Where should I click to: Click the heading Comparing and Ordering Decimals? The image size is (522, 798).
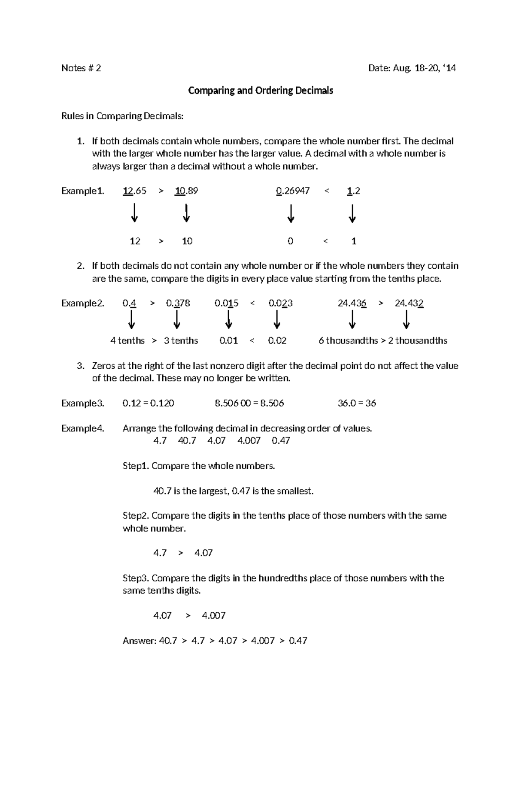coord(260,90)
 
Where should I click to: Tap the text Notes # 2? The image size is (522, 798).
coord(81,68)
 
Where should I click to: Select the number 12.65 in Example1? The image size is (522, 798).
coord(134,191)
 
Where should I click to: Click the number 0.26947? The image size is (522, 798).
coord(293,191)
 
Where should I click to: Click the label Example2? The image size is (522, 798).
coord(83,303)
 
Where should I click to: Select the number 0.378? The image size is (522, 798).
coord(178,303)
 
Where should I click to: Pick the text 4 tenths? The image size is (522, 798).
coord(127,341)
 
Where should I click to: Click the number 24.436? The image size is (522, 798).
coord(352,303)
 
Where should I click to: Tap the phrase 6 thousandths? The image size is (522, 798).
coord(348,341)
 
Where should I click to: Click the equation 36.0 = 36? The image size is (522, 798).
coord(357,403)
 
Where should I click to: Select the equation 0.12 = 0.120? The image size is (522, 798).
coord(148,403)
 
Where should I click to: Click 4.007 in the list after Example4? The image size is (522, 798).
coord(249,441)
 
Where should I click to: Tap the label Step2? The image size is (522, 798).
coord(136,516)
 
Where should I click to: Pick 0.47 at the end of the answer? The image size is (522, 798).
coord(298,641)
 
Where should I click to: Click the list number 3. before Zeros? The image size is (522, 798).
coord(80,366)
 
